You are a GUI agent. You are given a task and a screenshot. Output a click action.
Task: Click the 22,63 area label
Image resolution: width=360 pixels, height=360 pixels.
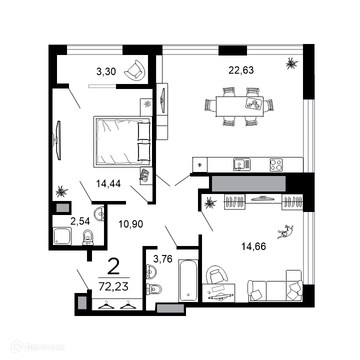(241, 70)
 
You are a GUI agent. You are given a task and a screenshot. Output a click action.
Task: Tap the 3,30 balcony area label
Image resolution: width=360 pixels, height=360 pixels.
(106, 71)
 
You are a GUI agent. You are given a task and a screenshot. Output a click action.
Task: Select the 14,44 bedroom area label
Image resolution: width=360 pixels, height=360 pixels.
(108, 183)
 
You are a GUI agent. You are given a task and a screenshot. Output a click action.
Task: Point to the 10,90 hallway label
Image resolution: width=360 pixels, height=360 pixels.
(130, 224)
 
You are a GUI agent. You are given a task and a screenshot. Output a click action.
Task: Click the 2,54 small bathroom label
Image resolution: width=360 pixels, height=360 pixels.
(80, 221)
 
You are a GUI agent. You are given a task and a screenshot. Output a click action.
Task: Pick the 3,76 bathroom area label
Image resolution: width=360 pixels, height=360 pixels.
(163, 259)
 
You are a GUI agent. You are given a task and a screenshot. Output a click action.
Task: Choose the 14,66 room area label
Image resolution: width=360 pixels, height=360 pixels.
(253, 246)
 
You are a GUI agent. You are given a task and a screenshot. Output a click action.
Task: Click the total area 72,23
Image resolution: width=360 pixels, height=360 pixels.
(113, 286)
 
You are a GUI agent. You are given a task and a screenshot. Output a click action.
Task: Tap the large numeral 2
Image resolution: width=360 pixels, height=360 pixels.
(113, 266)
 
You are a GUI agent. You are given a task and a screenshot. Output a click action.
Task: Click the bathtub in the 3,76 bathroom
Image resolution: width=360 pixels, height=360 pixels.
(188, 280)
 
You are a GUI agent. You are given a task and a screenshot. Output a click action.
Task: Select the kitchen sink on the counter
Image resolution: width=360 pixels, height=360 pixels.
(242, 164)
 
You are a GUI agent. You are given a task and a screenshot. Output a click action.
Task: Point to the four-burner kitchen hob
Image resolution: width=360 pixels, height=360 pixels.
(276, 165)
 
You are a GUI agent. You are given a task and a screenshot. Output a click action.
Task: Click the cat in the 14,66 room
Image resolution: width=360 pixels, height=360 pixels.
(285, 232)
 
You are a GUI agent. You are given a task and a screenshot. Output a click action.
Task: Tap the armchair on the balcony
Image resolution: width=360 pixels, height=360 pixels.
(135, 70)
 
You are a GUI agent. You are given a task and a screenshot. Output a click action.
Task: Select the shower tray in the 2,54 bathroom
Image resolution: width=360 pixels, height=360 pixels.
(62, 236)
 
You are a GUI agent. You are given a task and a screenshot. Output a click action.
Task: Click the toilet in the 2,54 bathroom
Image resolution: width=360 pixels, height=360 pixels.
(88, 237)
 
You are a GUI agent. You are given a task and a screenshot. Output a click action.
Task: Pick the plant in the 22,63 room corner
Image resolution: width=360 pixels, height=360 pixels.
(292, 63)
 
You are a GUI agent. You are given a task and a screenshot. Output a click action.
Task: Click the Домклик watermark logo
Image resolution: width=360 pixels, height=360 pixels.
(38, 346)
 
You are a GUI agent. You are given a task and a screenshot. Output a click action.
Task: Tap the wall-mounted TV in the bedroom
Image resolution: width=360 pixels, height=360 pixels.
(58, 140)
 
